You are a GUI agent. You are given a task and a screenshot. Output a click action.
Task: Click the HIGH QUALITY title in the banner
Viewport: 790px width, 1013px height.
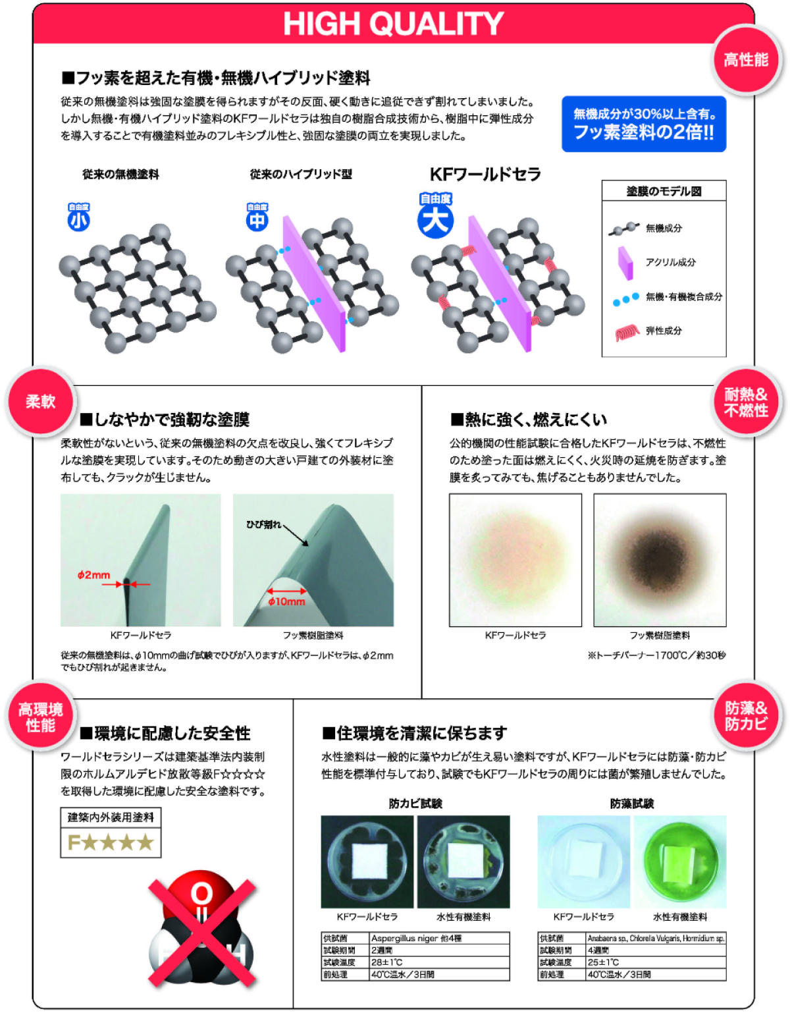click(x=394, y=23)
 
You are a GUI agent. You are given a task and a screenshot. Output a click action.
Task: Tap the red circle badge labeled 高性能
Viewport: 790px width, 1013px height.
click(x=746, y=60)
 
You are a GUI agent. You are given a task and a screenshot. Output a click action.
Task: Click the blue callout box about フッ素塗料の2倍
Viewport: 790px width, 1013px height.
click(x=644, y=124)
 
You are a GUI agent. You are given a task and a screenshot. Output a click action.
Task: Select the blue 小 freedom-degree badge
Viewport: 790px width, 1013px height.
click(x=78, y=217)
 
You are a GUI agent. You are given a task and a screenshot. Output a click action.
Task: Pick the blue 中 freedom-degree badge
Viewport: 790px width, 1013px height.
click(x=257, y=217)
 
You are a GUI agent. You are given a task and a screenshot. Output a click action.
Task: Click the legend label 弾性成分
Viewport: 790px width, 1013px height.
click(x=664, y=331)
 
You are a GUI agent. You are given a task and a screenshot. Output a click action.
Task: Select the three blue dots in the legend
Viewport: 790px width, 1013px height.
click(x=625, y=299)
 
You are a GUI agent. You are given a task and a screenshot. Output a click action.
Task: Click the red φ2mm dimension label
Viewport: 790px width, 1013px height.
click(x=93, y=575)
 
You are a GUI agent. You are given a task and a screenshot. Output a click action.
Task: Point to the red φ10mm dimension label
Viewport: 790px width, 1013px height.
click(x=286, y=601)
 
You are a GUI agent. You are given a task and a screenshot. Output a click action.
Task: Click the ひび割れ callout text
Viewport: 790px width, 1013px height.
click(x=263, y=525)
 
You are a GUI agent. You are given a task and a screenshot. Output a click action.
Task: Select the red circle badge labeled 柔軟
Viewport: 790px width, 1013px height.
click(x=41, y=401)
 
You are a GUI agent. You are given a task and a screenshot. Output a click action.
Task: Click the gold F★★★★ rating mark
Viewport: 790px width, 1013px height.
click(x=111, y=842)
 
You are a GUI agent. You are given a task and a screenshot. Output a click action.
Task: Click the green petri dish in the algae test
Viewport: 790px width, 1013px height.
click(x=679, y=862)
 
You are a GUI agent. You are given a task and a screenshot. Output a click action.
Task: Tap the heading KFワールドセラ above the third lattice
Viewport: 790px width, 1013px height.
click(x=485, y=175)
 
